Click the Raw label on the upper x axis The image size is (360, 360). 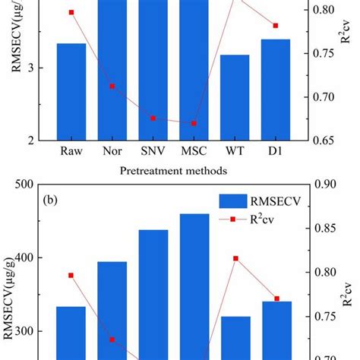pos(72,151)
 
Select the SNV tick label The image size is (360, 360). pos(153,151)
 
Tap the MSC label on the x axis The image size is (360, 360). pos(193,151)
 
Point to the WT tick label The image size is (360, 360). pos(235,151)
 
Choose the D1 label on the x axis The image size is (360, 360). pos(275,151)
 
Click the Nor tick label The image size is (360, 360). pos(112,151)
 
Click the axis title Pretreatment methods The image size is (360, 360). pos(172,172)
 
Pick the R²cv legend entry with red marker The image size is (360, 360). pos(258,221)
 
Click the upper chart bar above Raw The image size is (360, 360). pos(71,91)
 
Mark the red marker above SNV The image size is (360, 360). pos(153,118)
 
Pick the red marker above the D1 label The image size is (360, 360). pos(275,26)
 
